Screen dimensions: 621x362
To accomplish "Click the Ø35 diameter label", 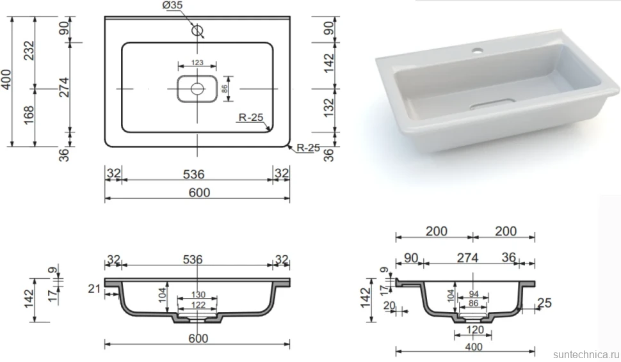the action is (172, 5).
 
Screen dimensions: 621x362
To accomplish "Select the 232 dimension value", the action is (29, 51).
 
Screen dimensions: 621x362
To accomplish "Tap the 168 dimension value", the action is (29, 114).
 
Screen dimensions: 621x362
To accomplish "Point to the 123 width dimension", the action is (197, 63).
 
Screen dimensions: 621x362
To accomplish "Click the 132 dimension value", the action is (328, 107).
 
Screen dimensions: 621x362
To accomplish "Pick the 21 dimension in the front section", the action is (94, 289).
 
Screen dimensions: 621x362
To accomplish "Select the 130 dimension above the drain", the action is (198, 294).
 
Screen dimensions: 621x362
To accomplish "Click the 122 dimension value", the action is (198, 304).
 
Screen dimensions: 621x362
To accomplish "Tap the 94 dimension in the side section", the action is (474, 294).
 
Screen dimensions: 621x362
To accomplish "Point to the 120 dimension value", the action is (474, 329).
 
